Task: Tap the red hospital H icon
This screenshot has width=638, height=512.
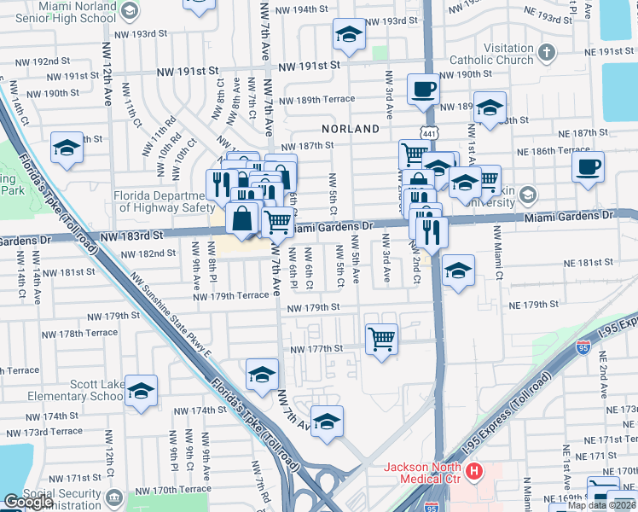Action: click(474, 470)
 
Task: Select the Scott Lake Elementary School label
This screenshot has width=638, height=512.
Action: click(70, 390)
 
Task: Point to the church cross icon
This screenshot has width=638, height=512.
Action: click(547, 55)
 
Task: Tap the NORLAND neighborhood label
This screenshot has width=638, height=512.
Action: click(351, 129)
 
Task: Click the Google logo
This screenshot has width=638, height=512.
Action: click(29, 502)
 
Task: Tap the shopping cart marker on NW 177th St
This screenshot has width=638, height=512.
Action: click(381, 338)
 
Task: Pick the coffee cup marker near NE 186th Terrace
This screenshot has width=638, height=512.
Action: click(588, 167)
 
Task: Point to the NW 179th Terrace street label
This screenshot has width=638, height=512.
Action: click(230, 296)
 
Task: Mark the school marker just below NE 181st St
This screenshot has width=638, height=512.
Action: click(458, 271)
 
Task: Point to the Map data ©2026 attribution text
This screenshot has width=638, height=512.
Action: click(601, 505)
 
